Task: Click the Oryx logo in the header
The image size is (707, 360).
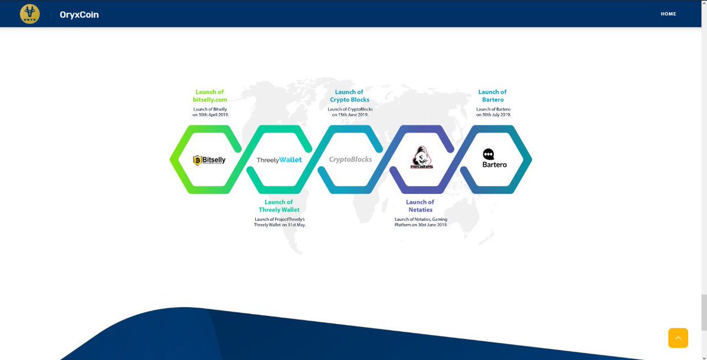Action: pos(29,14)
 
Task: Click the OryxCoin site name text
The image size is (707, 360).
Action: pos(79,15)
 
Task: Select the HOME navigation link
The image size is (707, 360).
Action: pos(668,14)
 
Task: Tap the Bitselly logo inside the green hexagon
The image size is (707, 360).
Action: pos(210,160)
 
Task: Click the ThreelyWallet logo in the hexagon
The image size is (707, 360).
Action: pos(279,160)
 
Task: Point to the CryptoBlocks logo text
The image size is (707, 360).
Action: pos(351,159)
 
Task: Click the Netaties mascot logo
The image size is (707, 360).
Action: pos(421,158)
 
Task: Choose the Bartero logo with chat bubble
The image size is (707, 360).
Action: pos(494,158)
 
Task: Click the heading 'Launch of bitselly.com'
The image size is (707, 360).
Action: pos(210,96)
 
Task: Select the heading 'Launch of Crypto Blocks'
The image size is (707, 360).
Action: pos(349,96)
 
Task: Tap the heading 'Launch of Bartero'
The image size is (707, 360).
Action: pos(493,96)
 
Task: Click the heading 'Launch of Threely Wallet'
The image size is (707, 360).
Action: pos(279,206)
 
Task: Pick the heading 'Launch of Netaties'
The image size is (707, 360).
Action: pos(420,206)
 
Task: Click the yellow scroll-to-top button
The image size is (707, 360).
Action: pos(678,338)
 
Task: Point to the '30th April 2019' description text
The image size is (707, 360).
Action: pos(210,115)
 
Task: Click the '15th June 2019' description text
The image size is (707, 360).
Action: pos(350,115)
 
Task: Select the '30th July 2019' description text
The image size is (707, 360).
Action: pos(493,115)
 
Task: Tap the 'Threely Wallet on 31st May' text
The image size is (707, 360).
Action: pos(280,225)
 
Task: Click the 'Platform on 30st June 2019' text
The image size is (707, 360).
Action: pos(421,225)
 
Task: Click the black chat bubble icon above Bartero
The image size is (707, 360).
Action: pos(488,154)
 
